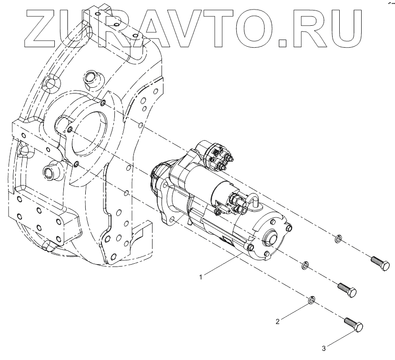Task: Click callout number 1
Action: point(202,276)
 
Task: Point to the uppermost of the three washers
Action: point(338,237)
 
